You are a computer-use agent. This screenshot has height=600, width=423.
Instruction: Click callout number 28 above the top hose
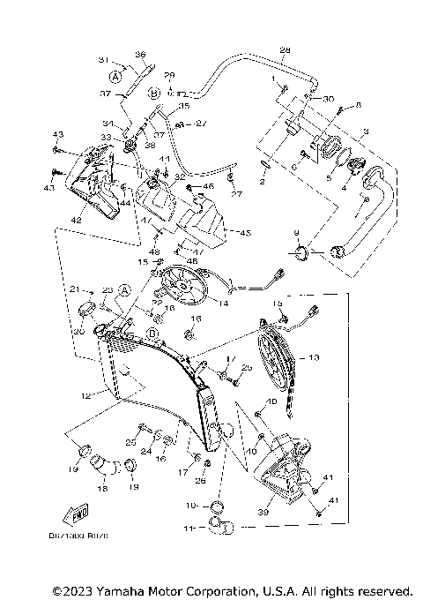click(x=285, y=49)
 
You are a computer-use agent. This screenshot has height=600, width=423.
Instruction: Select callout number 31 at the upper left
click(x=103, y=60)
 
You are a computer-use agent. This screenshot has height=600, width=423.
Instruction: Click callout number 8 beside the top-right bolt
click(x=358, y=106)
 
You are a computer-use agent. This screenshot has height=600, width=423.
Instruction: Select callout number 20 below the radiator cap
click(x=78, y=332)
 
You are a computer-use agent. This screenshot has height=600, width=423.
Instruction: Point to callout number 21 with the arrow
click(x=75, y=289)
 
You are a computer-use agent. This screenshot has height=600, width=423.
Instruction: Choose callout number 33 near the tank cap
click(x=106, y=137)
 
